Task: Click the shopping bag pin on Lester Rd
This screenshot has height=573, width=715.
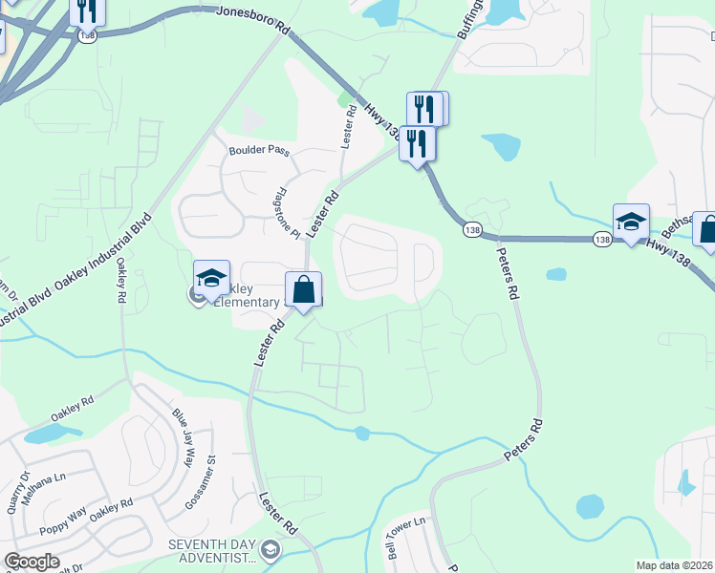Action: click(x=303, y=289)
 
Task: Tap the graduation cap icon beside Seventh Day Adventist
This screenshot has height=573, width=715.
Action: click(x=271, y=549)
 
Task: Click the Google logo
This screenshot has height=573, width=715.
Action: click(x=32, y=562)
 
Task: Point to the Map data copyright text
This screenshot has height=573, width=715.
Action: click(x=675, y=565)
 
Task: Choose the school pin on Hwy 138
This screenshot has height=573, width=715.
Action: click(x=631, y=223)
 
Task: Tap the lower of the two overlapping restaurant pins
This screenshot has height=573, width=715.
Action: click(x=417, y=143)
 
